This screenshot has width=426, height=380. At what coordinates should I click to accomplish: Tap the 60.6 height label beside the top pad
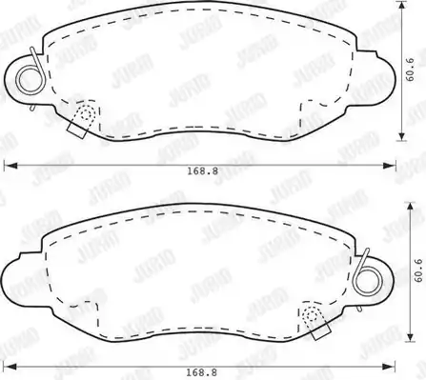(x=410, y=70)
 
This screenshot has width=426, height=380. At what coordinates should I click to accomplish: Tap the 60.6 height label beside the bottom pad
(x=418, y=270)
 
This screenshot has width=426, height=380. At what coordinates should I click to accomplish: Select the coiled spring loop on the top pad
(x=30, y=78)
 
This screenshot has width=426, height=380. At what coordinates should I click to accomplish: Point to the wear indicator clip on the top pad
(x=82, y=120)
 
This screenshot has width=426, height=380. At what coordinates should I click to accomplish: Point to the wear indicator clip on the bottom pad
(x=315, y=321)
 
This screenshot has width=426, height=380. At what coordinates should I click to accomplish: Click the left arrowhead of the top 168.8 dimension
(x=10, y=166)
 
